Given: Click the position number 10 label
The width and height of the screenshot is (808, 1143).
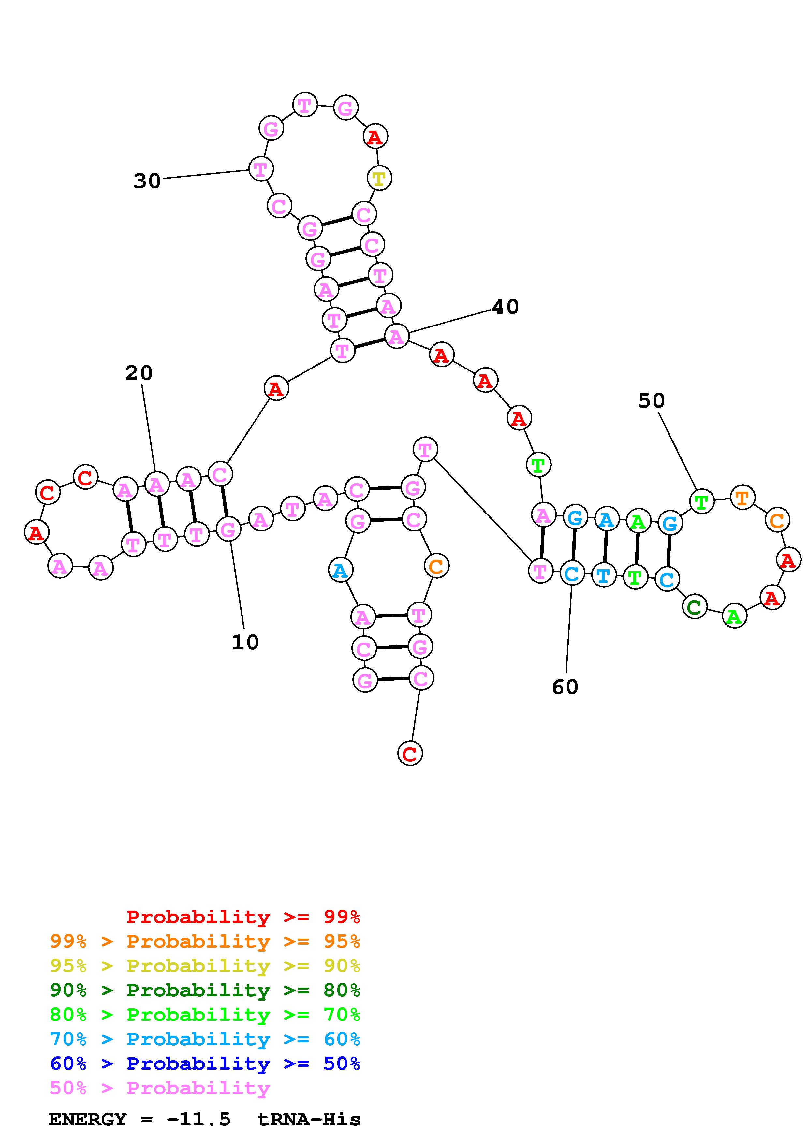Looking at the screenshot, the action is pyautogui.click(x=245, y=642).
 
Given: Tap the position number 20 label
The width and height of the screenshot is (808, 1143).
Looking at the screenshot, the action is pyautogui.click(x=139, y=372).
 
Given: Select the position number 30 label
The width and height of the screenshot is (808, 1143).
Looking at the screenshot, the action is pyautogui.click(x=147, y=181).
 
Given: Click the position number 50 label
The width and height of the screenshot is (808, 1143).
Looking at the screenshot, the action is pyautogui.click(x=651, y=401).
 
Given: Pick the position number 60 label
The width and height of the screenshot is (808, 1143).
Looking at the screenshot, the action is pyautogui.click(x=565, y=687).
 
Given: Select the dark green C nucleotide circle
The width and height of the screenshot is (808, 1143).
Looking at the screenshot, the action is pyautogui.click(x=695, y=606).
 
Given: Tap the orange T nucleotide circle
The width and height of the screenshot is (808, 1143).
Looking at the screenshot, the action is pyautogui.click(x=742, y=497).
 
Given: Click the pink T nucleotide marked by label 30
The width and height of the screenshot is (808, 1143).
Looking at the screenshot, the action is pyautogui.click(x=260, y=169).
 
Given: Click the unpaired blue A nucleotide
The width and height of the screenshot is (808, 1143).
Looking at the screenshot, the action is pyautogui.click(x=341, y=571).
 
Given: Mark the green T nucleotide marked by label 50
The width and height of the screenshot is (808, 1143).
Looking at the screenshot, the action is pyautogui.click(x=701, y=501).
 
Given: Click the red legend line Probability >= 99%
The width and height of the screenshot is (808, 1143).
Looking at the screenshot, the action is pyautogui.click(x=243, y=917).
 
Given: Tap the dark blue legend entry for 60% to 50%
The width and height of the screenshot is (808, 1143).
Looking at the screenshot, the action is pyautogui.click(x=205, y=1063).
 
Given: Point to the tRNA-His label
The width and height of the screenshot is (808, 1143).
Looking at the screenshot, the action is pyautogui.click(x=309, y=1119).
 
